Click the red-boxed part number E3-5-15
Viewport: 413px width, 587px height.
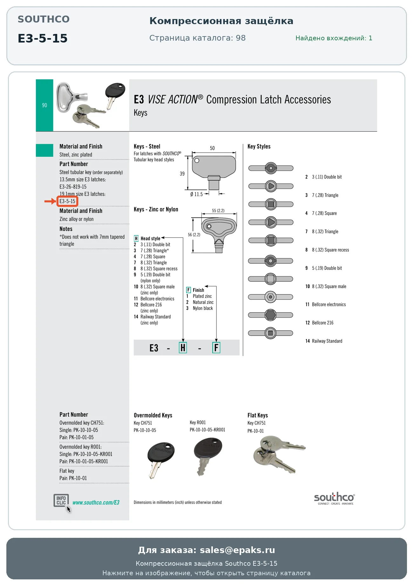67,201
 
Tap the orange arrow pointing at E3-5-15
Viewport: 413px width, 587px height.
50,201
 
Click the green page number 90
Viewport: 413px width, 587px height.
44,105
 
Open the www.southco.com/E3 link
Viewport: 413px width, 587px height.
96,503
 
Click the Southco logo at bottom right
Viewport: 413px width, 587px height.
334,498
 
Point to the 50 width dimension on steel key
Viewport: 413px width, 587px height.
212,148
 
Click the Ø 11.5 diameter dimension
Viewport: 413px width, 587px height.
196,194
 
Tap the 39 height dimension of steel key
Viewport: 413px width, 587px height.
182,174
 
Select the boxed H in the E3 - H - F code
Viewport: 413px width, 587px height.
183,348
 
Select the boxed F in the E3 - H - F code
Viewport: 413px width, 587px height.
216,348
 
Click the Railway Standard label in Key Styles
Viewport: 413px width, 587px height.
327,341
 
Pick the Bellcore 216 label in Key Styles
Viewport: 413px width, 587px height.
323,323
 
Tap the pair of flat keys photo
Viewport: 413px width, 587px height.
279,454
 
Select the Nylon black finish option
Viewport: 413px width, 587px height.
203,308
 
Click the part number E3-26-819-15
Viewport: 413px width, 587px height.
73,187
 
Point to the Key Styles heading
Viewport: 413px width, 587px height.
259,146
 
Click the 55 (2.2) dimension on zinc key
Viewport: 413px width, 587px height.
218,211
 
